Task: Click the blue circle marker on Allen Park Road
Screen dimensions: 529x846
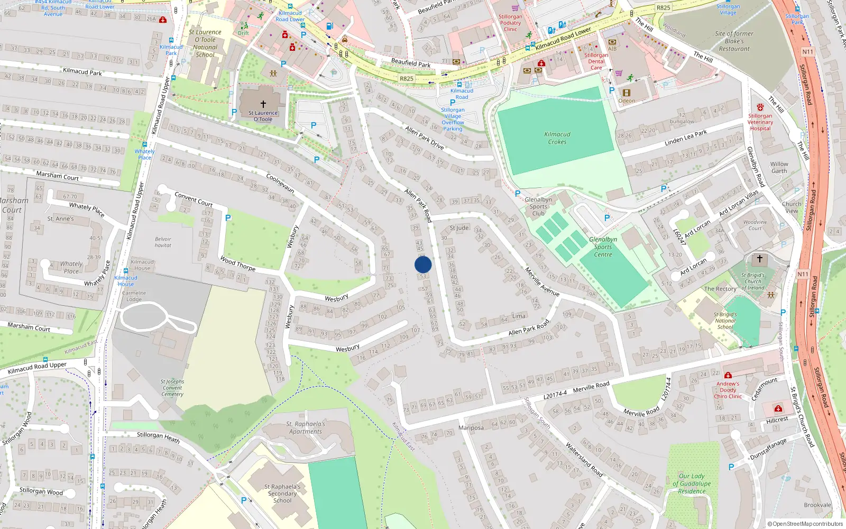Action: click(x=423, y=264)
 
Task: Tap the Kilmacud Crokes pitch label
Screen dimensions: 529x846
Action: click(x=557, y=138)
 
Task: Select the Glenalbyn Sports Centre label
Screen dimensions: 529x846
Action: click(x=603, y=247)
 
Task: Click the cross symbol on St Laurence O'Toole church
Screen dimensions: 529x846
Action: click(x=263, y=104)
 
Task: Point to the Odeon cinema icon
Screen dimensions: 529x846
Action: click(x=627, y=93)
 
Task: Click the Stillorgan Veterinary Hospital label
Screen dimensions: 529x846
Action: click(x=760, y=122)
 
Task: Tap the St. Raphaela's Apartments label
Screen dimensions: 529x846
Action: click(x=306, y=427)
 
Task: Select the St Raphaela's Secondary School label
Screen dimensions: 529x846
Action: click(x=282, y=494)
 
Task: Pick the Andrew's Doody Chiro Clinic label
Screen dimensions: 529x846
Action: click(x=728, y=390)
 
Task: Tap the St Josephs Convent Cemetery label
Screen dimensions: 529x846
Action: click(x=172, y=388)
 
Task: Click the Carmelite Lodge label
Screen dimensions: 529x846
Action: click(x=134, y=296)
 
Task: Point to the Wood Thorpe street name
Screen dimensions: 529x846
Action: click(x=238, y=263)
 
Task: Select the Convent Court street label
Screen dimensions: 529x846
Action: click(x=194, y=199)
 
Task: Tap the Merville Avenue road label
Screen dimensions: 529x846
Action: click(x=542, y=281)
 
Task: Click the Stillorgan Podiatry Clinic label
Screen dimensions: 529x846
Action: click(x=510, y=23)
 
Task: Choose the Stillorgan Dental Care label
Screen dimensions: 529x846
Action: click(x=596, y=61)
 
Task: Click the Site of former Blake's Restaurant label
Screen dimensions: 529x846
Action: click(x=734, y=41)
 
